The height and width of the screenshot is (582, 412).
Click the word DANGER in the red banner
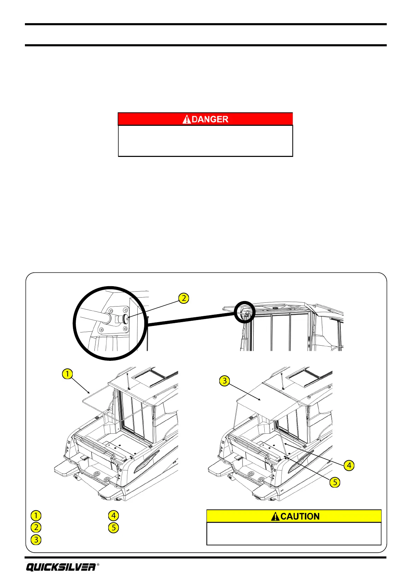(x=210, y=119)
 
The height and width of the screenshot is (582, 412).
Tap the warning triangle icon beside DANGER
(x=187, y=119)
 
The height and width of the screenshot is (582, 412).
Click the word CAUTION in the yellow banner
(x=300, y=516)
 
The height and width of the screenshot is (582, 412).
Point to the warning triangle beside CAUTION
(x=275, y=516)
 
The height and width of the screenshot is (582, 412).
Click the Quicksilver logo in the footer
(x=61, y=567)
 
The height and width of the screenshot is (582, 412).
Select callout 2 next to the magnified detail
(x=184, y=298)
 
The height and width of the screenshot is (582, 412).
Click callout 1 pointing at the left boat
(x=67, y=374)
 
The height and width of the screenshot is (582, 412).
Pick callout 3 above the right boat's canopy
(x=225, y=381)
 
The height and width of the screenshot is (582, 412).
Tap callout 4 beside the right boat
(x=349, y=466)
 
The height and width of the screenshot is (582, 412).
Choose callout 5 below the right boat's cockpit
(x=335, y=482)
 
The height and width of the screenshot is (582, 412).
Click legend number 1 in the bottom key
(x=36, y=515)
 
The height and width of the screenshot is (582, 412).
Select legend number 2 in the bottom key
(x=36, y=527)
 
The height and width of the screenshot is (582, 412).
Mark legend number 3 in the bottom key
(x=36, y=539)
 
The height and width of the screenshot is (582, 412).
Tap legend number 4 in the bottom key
(x=113, y=515)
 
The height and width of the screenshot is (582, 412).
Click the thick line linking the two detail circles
(x=190, y=319)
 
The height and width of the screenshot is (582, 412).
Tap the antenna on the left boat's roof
(x=128, y=380)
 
